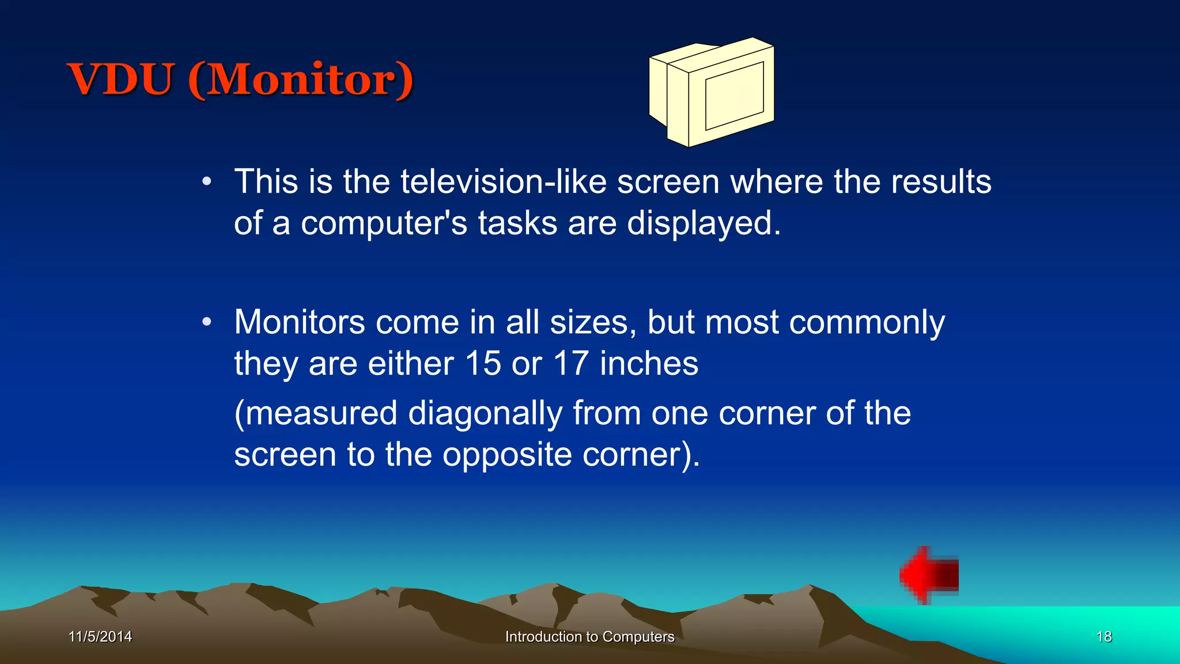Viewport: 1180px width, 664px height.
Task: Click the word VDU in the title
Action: point(121,79)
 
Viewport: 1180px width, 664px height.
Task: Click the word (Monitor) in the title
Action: point(300,79)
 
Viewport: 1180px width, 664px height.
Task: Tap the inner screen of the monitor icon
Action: point(734,96)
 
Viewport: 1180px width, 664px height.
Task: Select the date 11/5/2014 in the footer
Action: point(100,636)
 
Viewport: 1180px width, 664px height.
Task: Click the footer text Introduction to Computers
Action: point(589,636)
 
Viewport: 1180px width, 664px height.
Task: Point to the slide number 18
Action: point(1103,636)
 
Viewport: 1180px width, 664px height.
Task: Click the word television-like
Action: point(503,182)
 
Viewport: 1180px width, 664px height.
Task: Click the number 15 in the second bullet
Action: point(483,364)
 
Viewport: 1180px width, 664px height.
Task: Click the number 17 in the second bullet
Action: point(571,364)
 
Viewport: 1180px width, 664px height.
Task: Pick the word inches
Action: point(649,364)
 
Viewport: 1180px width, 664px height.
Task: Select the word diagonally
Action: point(485,414)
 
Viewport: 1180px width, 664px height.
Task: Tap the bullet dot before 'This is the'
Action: point(207,182)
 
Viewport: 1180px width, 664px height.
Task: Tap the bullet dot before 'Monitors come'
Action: point(207,322)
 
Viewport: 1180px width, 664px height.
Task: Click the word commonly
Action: point(867,322)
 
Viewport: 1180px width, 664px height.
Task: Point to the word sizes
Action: point(593,322)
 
